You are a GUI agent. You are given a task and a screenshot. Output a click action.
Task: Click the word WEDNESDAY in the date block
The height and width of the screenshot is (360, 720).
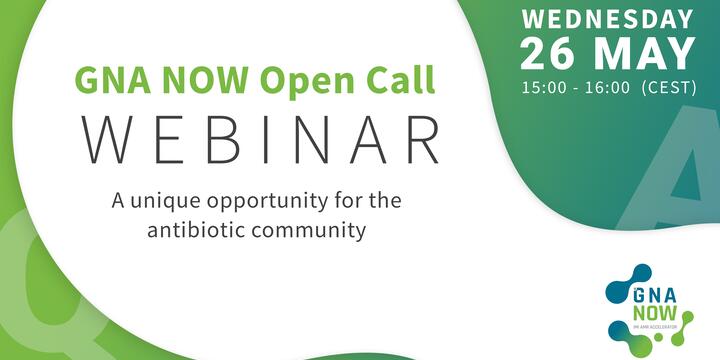pos(607,20)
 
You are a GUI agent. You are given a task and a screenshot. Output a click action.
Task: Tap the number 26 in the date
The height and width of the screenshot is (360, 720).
pos(547,54)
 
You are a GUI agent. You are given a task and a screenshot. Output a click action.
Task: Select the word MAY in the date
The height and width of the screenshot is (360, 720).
pos(644,54)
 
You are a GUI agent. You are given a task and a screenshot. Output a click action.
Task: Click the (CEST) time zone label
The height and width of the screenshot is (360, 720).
pos(669,88)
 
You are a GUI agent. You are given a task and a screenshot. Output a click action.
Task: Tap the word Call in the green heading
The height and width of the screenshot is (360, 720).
pos(399,80)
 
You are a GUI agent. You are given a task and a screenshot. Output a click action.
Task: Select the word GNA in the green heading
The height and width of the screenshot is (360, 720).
pos(114,80)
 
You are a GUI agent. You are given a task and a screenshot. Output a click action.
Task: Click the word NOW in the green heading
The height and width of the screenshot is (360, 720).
pos(205,80)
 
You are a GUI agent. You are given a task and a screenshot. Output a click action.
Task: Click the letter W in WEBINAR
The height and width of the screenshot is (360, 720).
pos(107,140)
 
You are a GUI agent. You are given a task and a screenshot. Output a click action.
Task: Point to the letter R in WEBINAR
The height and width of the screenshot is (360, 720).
pos(423,140)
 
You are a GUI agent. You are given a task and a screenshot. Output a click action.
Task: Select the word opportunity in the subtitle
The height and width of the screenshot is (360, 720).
pos(269,203)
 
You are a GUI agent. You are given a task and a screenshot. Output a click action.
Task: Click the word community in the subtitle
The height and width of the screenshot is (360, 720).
pos(311,231)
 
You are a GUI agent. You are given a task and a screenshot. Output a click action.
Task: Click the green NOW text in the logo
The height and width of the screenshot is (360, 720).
pos(655,313)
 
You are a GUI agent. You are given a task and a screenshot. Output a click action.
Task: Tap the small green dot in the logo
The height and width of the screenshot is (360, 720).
pos(658,338)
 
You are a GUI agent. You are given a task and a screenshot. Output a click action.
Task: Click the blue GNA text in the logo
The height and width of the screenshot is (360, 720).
pos(655,296)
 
